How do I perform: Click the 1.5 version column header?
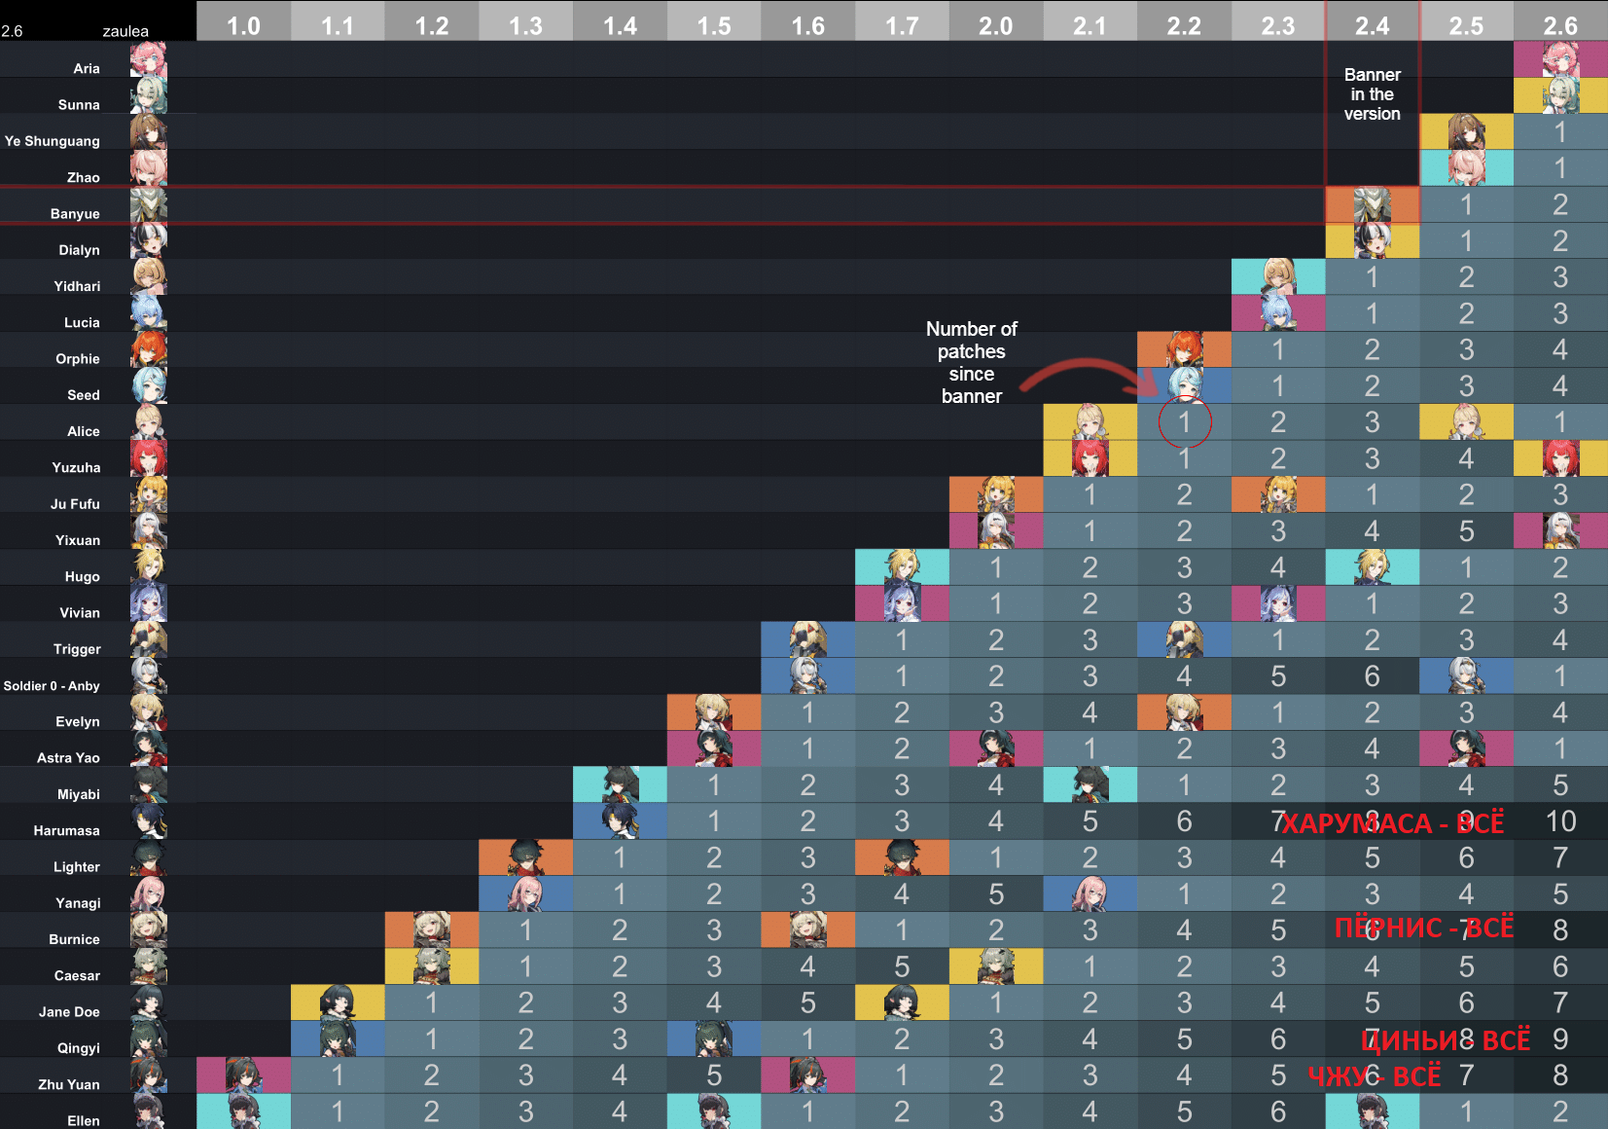pyautogui.click(x=714, y=25)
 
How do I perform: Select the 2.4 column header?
pyautogui.click(x=1372, y=25)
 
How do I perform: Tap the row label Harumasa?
pyautogui.click(x=66, y=830)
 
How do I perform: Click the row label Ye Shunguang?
pyautogui.click(x=53, y=141)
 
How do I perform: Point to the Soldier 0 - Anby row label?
pyautogui.click(x=52, y=686)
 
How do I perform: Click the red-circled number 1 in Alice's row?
pyautogui.click(x=1184, y=422)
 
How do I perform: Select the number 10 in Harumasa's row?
pyautogui.click(x=1560, y=821)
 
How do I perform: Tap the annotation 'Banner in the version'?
pyautogui.click(x=1372, y=94)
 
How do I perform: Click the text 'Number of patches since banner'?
pyautogui.click(x=971, y=362)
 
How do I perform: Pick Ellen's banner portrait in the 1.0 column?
pyautogui.click(x=243, y=1111)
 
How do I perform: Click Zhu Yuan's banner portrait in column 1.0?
pyautogui.click(x=243, y=1075)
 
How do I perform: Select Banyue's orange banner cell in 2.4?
pyautogui.click(x=1372, y=205)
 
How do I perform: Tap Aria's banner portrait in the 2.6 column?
pyautogui.click(x=1560, y=59)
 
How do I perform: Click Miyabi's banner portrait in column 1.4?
pyautogui.click(x=620, y=784)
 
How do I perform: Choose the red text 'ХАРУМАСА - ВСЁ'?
pyautogui.click(x=1392, y=824)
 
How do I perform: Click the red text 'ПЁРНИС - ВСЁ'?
pyautogui.click(x=1423, y=928)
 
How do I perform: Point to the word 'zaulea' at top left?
pyautogui.click(x=125, y=31)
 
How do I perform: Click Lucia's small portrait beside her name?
pyautogui.click(x=149, y=313)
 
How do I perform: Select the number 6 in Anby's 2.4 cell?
pyautogui.click(x=1372, y=676)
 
